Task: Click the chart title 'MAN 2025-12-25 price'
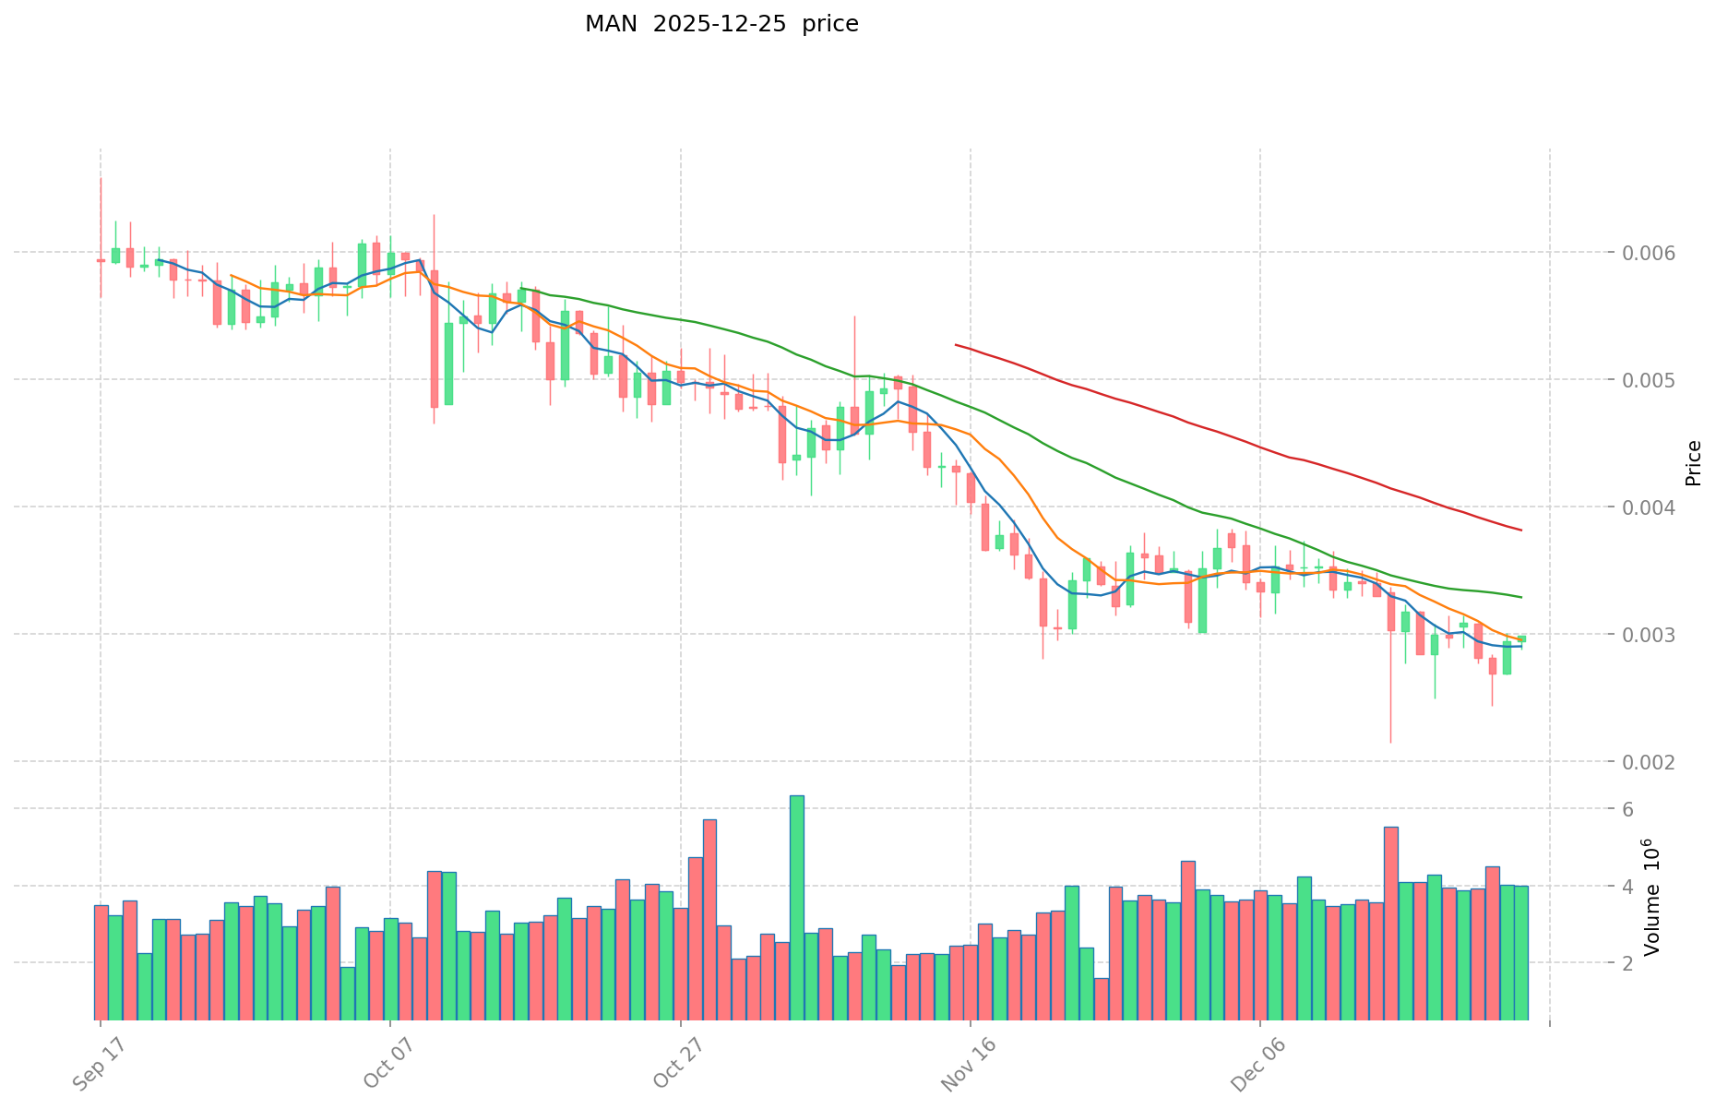721,24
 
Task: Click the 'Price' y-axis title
1693,463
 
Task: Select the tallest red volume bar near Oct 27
709,919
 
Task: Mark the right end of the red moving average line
1520,531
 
